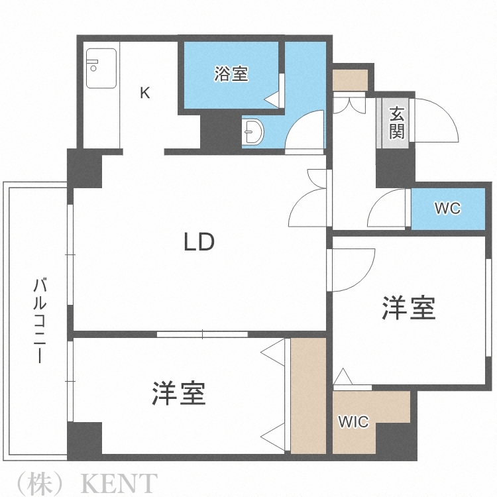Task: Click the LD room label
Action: click(199, 243)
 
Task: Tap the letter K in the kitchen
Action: click(144, 93)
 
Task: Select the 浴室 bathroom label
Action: click(231, 74)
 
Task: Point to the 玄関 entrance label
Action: click(396, 123)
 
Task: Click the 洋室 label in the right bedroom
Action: click(408, 308)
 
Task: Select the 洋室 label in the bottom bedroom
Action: click(178, 394)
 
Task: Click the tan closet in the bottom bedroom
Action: click(308, 396)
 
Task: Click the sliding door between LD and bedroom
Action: click(203, 334)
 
